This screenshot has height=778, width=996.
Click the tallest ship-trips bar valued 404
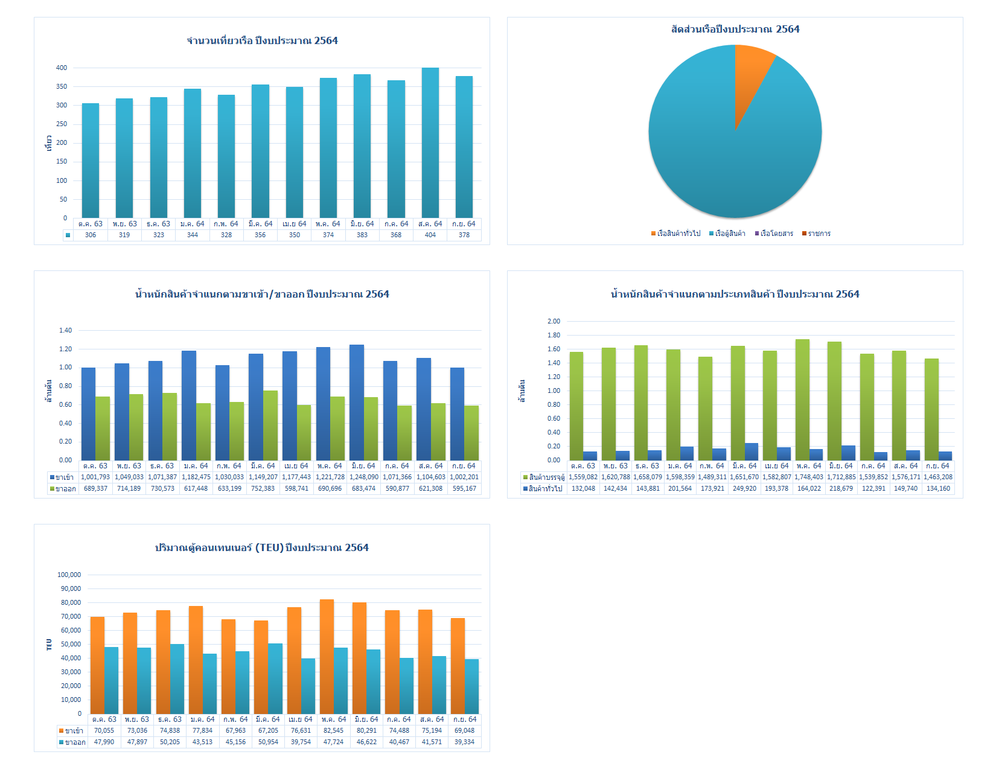(430, 142)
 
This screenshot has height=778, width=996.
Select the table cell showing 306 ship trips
(91, 235)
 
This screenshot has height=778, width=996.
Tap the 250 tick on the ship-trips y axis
(62, 124)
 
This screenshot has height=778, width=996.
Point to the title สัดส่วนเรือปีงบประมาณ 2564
(735, 29)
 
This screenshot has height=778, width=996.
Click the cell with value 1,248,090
(364, 477)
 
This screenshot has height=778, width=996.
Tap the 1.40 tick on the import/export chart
(65, 331)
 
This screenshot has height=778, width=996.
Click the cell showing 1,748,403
(809, 477)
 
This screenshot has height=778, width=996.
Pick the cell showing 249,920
(744, 489)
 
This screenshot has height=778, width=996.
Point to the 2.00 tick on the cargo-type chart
(554, 322)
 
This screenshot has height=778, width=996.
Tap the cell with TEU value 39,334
(464, 742)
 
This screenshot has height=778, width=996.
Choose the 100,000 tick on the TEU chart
(69, 575)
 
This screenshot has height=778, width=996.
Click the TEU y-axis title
(49, 645)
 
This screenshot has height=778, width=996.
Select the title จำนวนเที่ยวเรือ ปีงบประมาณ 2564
(262, 40)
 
